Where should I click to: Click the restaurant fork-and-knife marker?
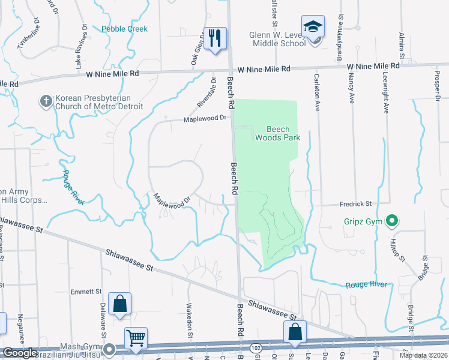[x=214, y=38]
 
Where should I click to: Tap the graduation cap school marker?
[x=313, y=27]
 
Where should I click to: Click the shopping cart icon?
[x=136, y=339]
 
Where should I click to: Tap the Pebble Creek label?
[x=124, y=29]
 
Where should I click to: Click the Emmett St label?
[x=86, y=292]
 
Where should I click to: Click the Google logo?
[x=20, y=353]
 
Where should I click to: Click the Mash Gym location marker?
[x=109, y=349]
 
